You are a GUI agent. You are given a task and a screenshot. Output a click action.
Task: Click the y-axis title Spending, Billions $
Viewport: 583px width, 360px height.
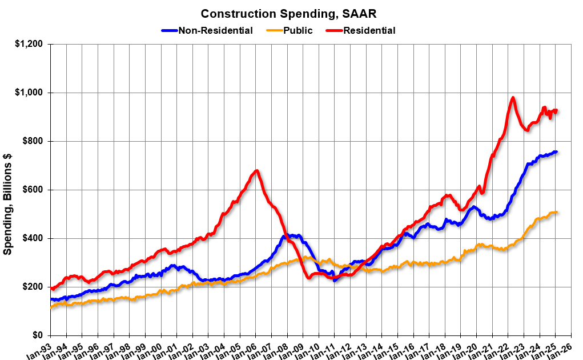point(8,205)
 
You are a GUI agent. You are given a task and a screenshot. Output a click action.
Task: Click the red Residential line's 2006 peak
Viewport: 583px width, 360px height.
point(257,170)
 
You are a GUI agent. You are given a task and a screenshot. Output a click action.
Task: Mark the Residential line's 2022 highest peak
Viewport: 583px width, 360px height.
point(513,98)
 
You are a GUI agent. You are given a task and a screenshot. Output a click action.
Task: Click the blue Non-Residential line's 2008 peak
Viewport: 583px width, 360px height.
point(285,235)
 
